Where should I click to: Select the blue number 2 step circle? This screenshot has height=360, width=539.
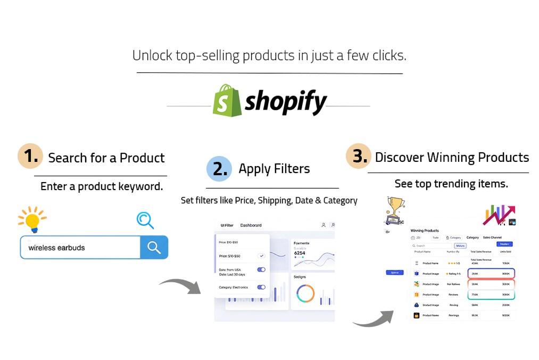219,168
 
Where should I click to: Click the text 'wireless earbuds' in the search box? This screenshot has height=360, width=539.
56,248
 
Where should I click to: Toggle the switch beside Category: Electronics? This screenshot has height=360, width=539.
261,288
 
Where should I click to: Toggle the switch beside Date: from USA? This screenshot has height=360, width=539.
261,270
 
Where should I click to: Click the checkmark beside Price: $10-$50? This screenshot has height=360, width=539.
261,256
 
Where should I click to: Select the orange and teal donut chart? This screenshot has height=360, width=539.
305,293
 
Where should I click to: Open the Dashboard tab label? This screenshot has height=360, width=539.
251,225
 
